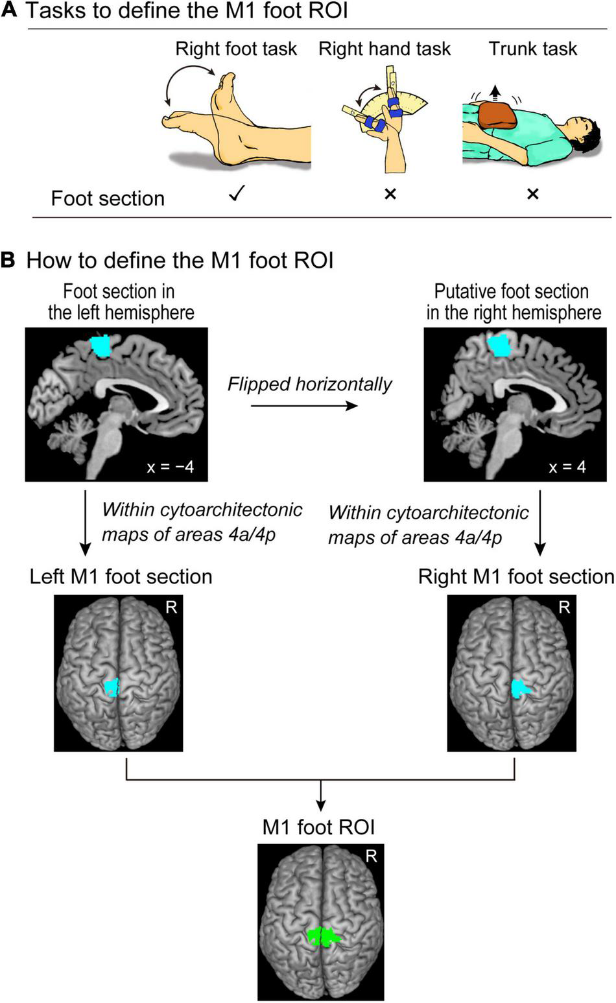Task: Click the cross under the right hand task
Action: click(x=390, y=194)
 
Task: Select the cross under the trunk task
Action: click(x=532, y=194)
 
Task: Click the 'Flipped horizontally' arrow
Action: click(x=304, y=406)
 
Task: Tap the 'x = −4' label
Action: click(x=170, y=466)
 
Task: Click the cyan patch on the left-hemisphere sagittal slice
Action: click(x=101, y=346)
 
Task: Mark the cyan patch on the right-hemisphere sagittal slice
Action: click(x=499, y=344)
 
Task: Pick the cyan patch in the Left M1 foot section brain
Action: click(x=113, y=687)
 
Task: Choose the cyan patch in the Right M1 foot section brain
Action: click(x=520, y=688)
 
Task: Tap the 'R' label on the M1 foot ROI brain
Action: click(x=371, y=856)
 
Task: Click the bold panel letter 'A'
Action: click(x=8, y=11)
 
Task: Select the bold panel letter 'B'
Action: click(x=8, y=260)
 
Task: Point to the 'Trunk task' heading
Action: click(x=532, y=49)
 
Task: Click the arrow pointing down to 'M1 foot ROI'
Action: click(x=320, y=796)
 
